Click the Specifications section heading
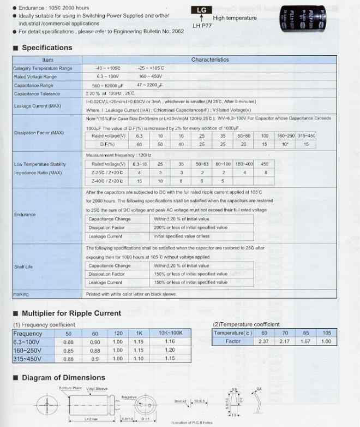pos(47,48)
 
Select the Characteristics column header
pos(210,60)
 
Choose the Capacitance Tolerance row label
pos(36,94)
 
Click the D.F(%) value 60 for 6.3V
pos(139,144)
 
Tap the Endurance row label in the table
pos(25,215)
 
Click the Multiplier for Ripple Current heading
pos(71,313)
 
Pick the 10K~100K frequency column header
pos(170,333)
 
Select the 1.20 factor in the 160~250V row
pos(170,350)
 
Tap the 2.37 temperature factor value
pos(264,341)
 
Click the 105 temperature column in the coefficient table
pos(327,333)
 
